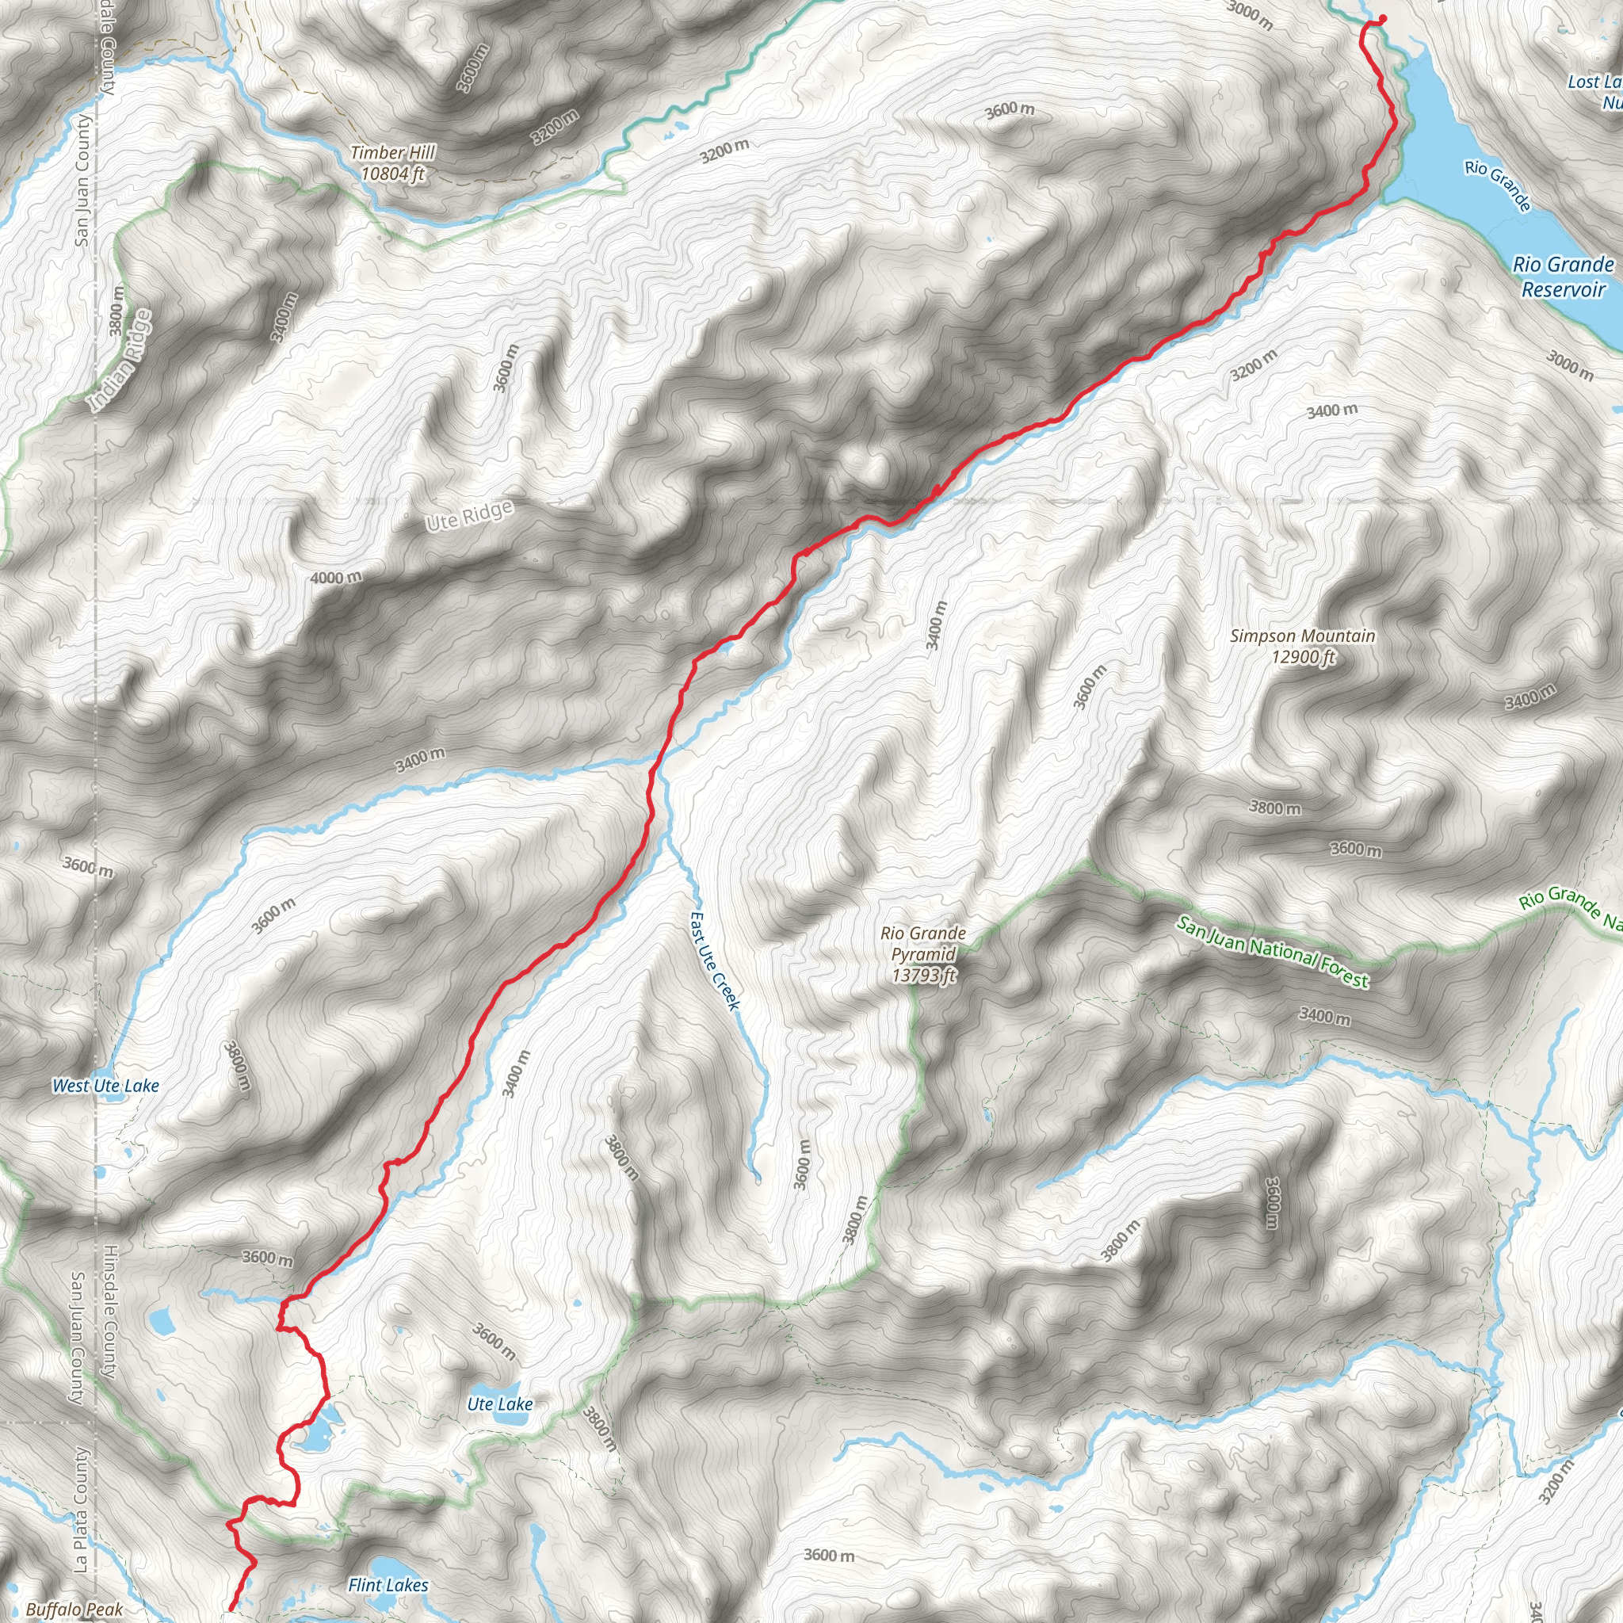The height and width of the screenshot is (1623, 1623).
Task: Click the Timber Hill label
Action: [x=392, y=153]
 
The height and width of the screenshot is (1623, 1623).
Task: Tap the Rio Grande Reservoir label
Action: [x=1563, y=277]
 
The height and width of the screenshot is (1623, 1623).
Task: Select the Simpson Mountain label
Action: [x=1302, y=636]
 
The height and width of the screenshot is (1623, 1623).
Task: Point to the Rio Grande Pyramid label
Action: [x=923, y=943]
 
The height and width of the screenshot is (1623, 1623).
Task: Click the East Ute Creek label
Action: [x=715, y=961]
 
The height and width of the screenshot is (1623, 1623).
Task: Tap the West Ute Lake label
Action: [x=106, y=1086]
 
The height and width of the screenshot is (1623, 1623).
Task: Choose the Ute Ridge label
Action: [x=469, y=516]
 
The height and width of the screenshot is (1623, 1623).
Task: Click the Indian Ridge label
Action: [x=123, y=361]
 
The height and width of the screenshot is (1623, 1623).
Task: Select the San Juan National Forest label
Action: [x=1273, y=952]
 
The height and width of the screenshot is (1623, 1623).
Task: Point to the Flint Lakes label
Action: [x=388, y=1585]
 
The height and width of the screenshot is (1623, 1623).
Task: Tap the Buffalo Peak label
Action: [x=74, y=1610]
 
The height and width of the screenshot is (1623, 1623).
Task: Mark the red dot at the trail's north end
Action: [x=1383, y=18]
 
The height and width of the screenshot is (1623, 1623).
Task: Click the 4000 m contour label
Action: [x=336, y=578]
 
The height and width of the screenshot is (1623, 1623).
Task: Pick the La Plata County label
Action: [x=81, y=1509]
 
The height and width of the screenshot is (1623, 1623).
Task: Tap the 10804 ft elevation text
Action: [x=393, y=174]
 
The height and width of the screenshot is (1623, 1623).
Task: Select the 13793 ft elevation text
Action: [x=924, y=976]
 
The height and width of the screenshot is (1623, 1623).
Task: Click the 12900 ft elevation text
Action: [x=1303, y=657]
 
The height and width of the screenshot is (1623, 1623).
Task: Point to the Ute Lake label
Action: [x=500, y=1403]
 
